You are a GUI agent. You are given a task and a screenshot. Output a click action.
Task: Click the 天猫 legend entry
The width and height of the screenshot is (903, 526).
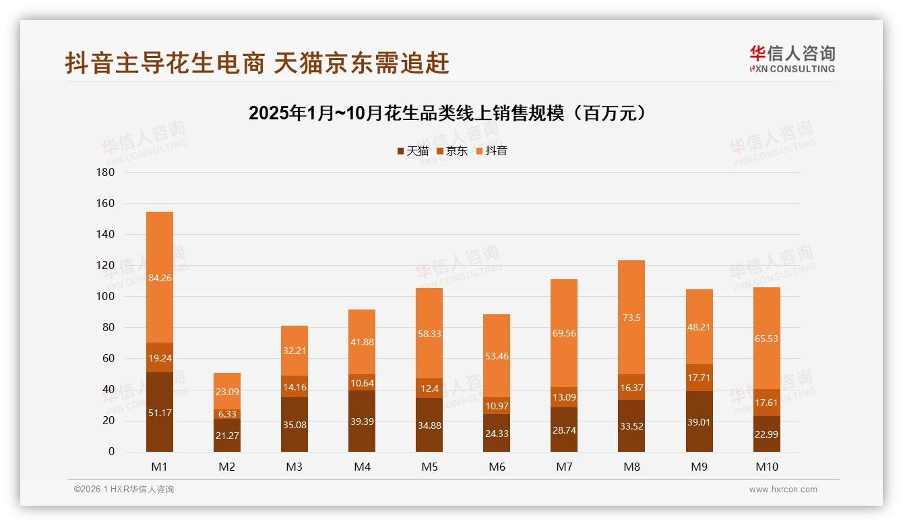click(412, 151)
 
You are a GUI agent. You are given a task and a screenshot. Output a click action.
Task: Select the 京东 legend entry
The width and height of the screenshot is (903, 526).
click(452, 151)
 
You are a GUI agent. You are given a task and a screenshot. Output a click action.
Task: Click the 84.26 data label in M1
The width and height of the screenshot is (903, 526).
click(160, 278)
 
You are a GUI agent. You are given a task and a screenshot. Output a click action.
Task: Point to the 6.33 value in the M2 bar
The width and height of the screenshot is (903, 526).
click(227, 414)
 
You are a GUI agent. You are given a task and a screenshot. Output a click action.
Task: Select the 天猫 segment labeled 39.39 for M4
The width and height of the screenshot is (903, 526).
click(362, 421)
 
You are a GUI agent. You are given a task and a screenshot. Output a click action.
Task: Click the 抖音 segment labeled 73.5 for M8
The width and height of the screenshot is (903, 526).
click(631, 317)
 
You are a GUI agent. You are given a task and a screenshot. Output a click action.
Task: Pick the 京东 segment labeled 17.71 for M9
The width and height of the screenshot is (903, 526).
click(699, 378)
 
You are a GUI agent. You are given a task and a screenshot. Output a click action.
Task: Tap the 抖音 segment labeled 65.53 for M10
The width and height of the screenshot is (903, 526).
click(766, 339)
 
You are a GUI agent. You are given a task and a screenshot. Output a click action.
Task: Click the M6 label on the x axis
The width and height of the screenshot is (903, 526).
click(497, 467)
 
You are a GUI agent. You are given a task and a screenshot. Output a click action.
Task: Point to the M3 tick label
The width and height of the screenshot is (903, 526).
click(294, 467)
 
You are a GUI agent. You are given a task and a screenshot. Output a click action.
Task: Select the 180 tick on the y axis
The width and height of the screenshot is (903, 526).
click(106, 173)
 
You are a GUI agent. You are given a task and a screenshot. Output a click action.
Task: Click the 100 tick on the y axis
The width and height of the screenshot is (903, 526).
click(106, 297)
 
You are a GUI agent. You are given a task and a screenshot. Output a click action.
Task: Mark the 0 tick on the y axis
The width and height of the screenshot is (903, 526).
click(111, 452)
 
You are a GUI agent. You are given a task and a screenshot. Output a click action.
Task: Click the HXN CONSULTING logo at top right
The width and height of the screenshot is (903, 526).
click(792, 59)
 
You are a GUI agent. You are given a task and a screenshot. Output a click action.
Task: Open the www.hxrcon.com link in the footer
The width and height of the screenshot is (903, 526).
click(782, 490)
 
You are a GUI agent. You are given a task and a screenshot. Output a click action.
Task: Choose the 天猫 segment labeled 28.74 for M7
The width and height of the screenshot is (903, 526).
click(564, 430)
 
